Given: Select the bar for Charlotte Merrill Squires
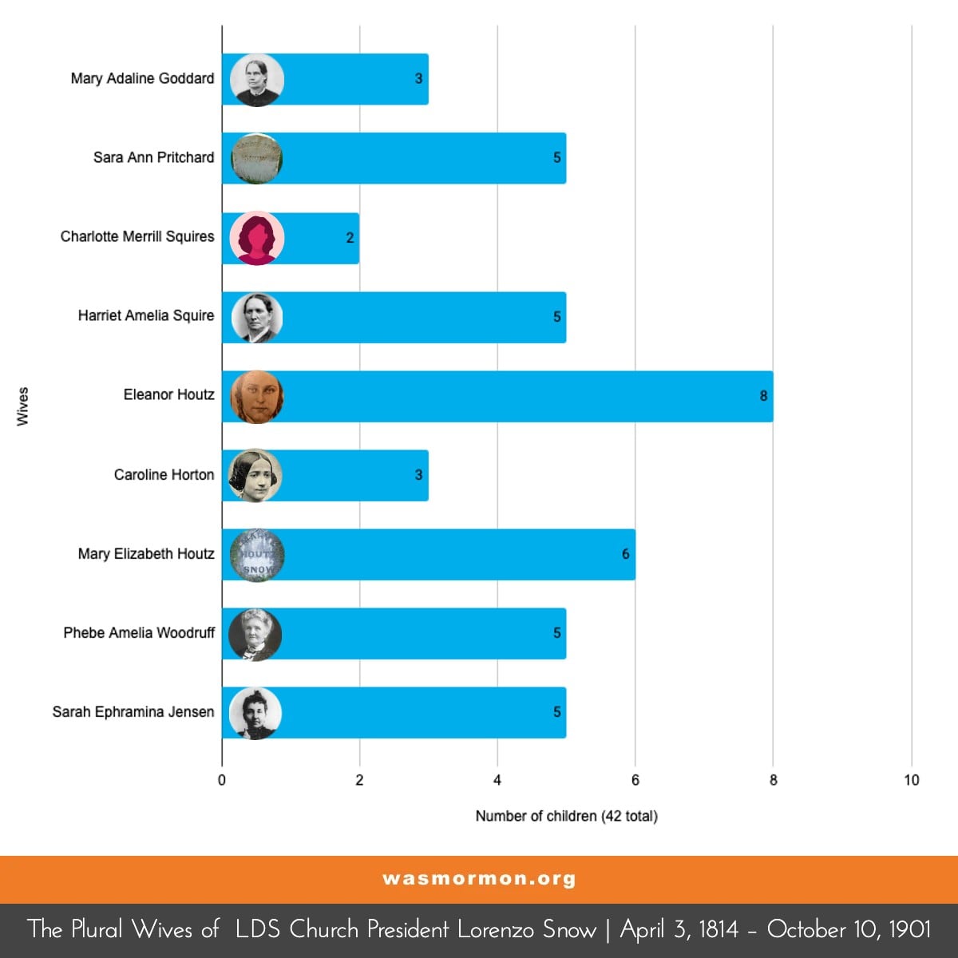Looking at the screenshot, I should click(x=319, y=238).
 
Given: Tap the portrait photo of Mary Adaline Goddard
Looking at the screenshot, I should click(x=256, y=79).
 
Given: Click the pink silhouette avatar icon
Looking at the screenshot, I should click(x=256, y=238).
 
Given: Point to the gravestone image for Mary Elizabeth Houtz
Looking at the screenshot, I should click(x=256, y=554).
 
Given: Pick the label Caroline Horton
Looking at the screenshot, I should click(x=164, y=475).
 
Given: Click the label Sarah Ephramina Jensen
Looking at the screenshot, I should click(x=133, y=712).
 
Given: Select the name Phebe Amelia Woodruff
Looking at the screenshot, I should click(x=139, y=633).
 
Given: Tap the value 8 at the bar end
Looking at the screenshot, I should click(x=763, y=396).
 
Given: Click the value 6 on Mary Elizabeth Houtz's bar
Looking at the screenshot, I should click(x=626, y=554).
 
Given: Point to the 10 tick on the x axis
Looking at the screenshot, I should click(x=911, y=780).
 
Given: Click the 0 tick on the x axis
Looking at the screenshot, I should click(x=222, y=780).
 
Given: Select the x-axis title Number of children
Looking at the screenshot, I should click(x=566, y=816).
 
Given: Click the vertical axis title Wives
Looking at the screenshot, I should click(x=22, y=406).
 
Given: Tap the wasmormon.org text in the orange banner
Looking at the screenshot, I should click(x=479, y=879).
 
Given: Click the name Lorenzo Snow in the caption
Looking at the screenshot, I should click(x=526, y=929).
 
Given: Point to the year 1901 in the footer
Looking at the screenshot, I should click(x=909, y=929).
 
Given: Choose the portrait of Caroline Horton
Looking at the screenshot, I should click(x=256, y=475).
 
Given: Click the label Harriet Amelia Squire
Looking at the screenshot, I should click(x=146, y=316).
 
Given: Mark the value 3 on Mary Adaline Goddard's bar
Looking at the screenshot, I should click(x=418, y=79).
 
